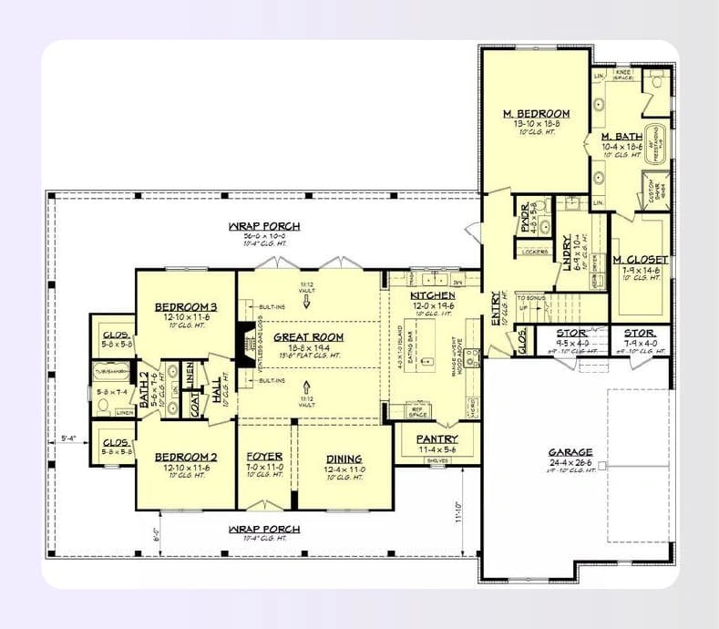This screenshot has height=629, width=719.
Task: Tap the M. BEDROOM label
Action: tap(537, 114)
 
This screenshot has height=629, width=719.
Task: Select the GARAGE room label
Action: tap(570, 452)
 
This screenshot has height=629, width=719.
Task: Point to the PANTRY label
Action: tap(437, 439)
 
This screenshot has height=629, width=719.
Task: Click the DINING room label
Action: tap(343, 459)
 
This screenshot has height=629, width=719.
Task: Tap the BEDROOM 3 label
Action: tap(185, 306)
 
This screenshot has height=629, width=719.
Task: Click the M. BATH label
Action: tap(622, 137)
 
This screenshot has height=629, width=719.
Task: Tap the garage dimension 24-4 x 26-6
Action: tap(570, 463)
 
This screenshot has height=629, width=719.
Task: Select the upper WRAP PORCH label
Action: tap(265, 226)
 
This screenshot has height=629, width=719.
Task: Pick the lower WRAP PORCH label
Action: tap(265, 529)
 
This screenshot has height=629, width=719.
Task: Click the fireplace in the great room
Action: tap(244, 341)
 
